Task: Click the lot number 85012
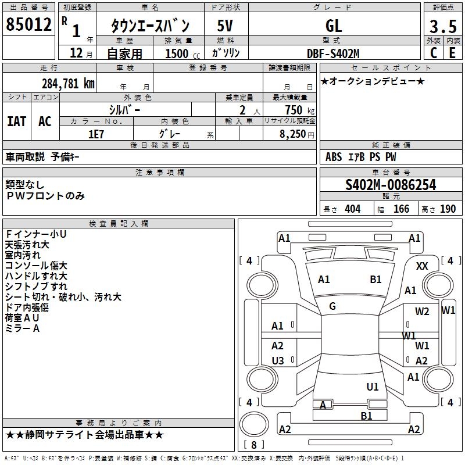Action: (x=28, y=25)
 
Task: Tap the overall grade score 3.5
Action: (x=442, y=27)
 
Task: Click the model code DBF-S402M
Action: (x=333, y=53)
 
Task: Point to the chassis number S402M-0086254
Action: (x=390, y=185)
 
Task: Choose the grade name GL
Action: (x=334, y=26)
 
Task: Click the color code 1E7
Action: (x=96, y=133)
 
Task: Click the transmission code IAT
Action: (x=16, y=121)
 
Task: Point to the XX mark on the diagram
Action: (x=423, y=266)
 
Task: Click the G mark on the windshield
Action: (x=332, y=306)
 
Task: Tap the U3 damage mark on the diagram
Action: (x=278, y=361)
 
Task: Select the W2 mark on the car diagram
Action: (x=422, y=312)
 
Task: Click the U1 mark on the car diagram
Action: (x=373, y=387)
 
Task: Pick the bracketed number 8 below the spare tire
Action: (x=253, y=445)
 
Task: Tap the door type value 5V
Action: (x=225, y=26)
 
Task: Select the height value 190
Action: (x=448, y=209)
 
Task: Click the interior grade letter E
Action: (x=452, y=53)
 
